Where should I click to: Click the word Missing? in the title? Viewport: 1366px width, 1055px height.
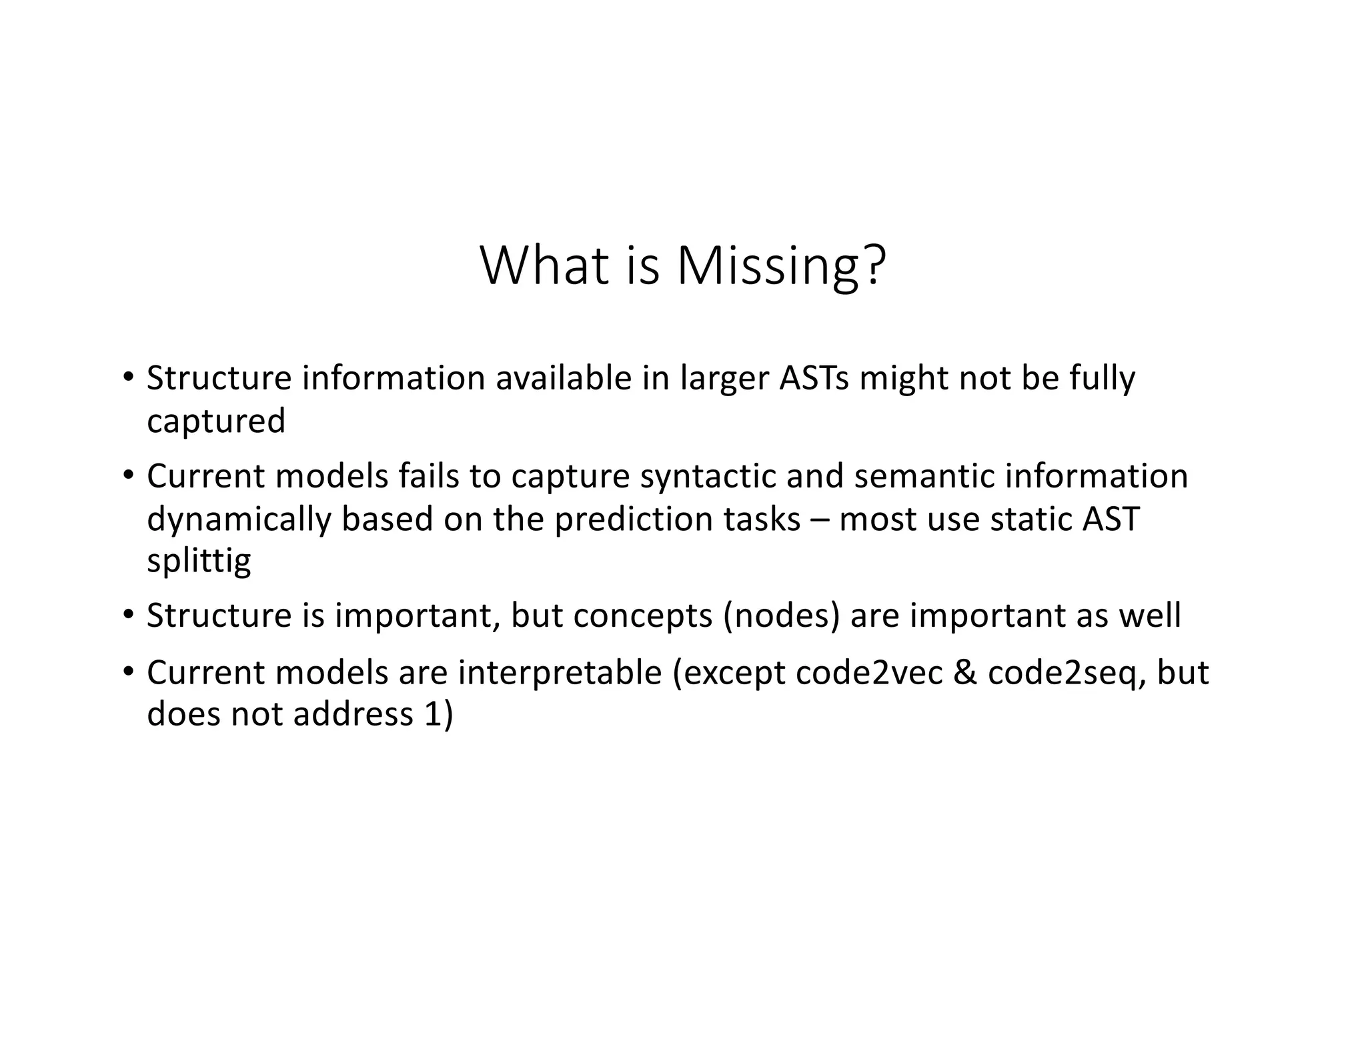(781, 267)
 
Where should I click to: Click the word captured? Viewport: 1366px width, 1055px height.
(216, 421)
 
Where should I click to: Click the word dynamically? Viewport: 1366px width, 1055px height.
(239, 519)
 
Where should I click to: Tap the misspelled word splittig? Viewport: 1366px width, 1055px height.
(199, 562)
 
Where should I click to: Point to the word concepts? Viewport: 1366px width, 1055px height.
(643, 616)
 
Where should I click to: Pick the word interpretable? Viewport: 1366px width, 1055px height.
(559, 672)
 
